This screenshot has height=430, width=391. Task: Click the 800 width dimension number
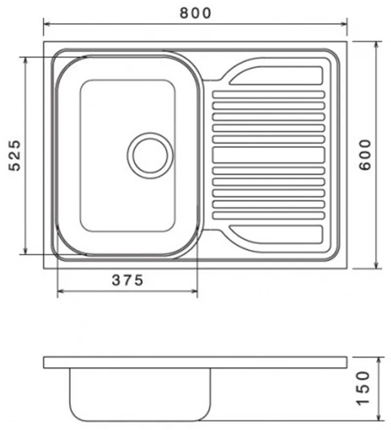pyautogui.click(x=195, y=13)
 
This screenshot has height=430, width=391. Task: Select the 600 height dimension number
pyautogui.click(x=366, y=154)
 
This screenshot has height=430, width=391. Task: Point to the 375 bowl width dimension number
pyautogui.click(x=128, y=280)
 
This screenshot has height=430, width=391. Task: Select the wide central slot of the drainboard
pyautogui.click(x=268, y=155)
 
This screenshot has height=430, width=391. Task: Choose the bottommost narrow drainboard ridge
pyautogui.click(x=268, y=215)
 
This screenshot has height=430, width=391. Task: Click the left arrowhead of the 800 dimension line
pyautogui.click(x=46, y=23)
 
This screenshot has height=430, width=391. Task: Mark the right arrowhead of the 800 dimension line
pyautogui.click(x=344, y=23)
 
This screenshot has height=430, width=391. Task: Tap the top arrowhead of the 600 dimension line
pyautogui.click(x=376, y=44)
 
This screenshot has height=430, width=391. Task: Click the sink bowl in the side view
pyautogui.click(x=139, y=393)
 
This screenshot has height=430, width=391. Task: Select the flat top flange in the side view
pyautogui.click(x=195, y=363)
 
